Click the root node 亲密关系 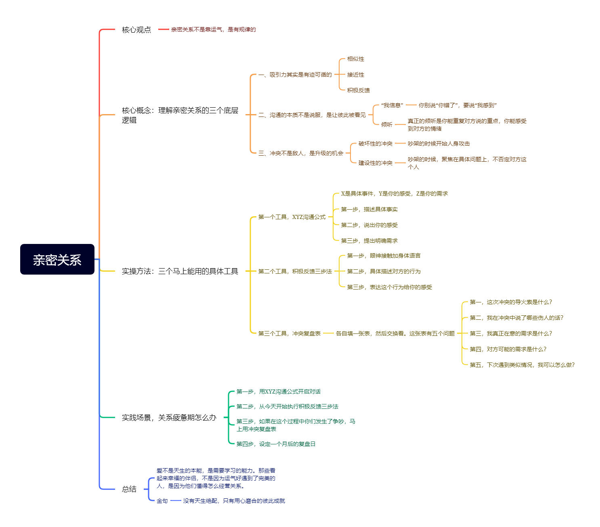click(x=57, y=259)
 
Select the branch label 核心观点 click(x=136, y=29)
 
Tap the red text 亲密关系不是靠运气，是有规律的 click(x=213, y=29)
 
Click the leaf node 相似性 click(x=355, y=59)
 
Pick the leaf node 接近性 click(x=355, y=75)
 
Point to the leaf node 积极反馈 click(x=358, y=90)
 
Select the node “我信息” click(x=392, y=105)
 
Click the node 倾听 click(x=386, y=125)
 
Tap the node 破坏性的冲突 click(x=375, y=144)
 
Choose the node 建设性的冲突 click(x=375, y=163)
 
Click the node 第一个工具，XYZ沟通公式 click(x=292, y=217)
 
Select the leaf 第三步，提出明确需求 click(x=369, y=241)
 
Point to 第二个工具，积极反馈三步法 click(x=295, y=271)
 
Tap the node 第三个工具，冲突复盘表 click(x=289, y=333)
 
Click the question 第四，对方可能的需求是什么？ click(x=508, y=349)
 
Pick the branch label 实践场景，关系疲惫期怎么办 click(x=169, y=418)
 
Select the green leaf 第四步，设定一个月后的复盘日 click(x=276, y=444)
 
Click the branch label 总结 click(x=129, y=489)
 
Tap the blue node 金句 click(x=162, y=501)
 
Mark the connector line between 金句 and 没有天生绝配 click(x=176, y=501)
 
